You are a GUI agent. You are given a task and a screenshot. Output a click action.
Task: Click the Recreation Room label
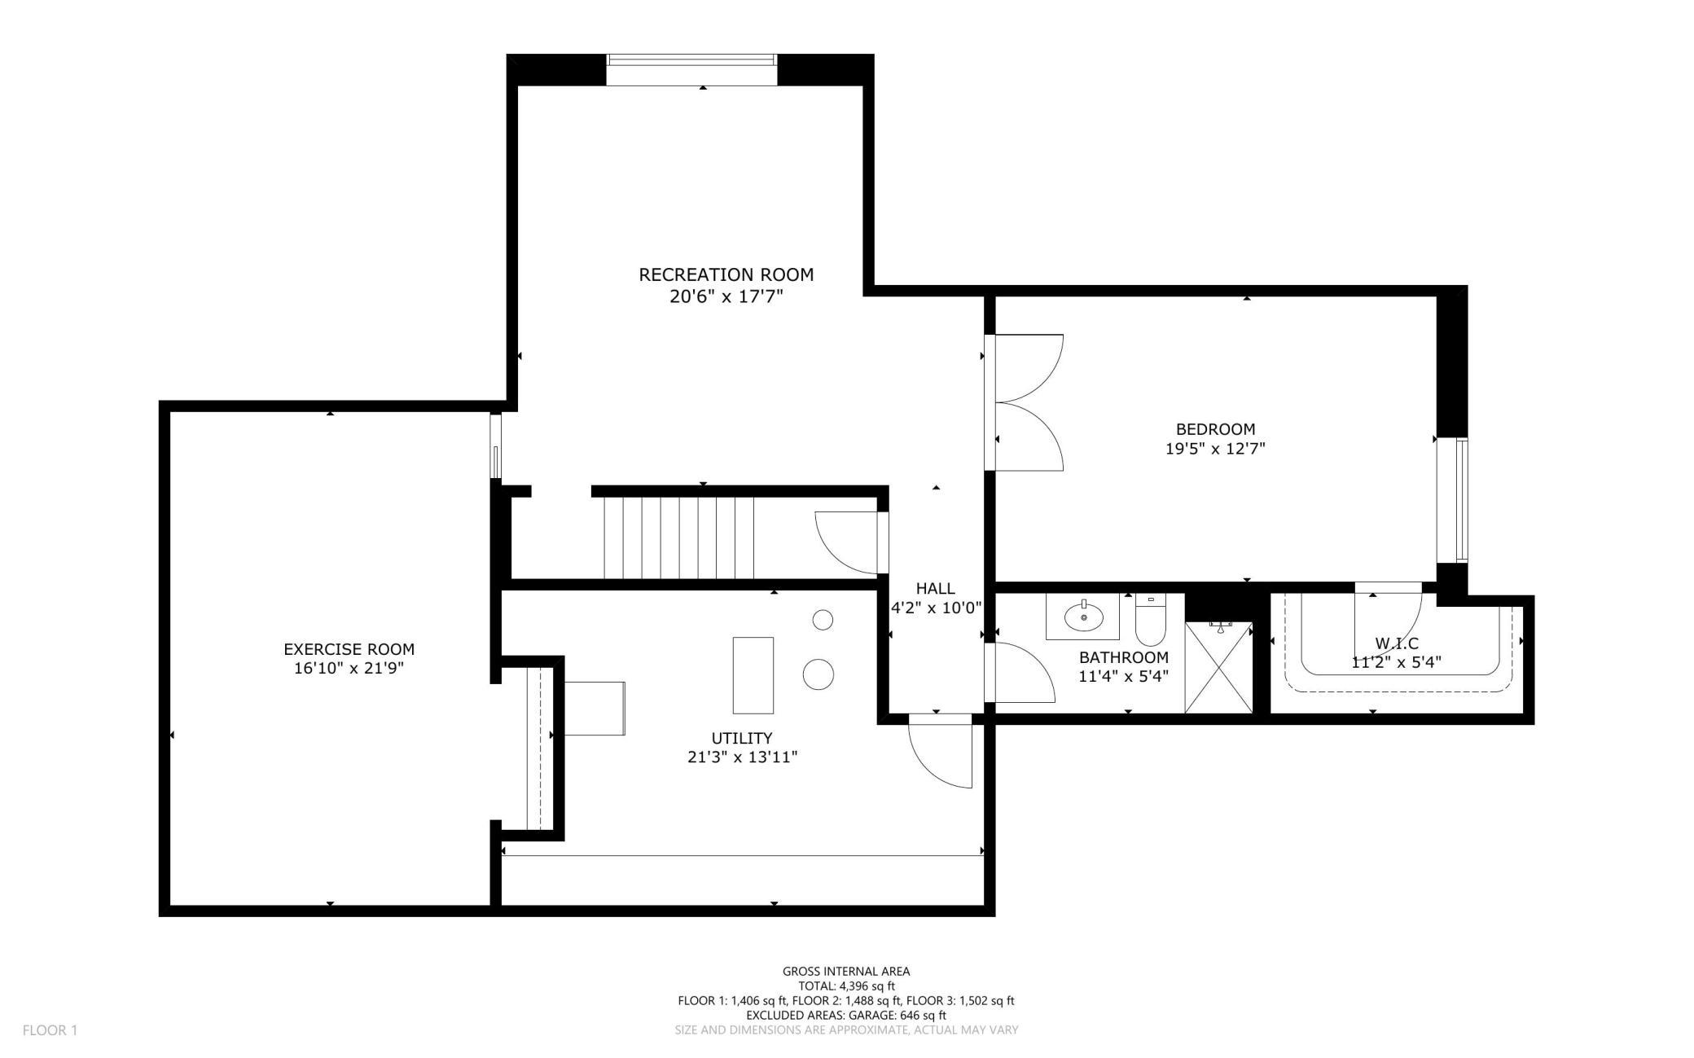coord(726,274)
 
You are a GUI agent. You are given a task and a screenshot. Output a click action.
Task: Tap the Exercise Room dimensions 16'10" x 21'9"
coord(349,669)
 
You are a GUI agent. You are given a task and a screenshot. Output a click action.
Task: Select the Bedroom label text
coord(1215,429)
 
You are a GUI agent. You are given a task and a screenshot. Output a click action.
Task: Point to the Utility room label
coord(741,739)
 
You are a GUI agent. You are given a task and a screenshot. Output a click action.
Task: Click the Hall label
coord(935,588)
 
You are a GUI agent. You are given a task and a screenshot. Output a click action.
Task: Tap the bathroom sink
coord(1084,617)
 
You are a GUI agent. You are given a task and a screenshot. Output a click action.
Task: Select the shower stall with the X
coord(1218,667)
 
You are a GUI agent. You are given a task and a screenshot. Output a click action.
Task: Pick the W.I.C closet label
coord(1396,643)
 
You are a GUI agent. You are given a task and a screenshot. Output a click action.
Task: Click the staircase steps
coord(678,538)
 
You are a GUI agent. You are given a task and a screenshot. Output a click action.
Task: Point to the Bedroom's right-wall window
coord(1461,500)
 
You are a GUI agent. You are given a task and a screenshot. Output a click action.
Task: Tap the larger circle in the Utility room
coord(818,674)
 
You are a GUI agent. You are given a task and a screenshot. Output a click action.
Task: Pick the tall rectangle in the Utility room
coord(753,675)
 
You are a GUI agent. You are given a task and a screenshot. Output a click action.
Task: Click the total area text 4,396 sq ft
coord(846,986)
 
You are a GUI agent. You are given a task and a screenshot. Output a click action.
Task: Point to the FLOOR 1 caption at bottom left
coord(50,1030)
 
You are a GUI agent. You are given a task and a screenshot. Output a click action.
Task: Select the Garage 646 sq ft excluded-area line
coord(846,1015)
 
